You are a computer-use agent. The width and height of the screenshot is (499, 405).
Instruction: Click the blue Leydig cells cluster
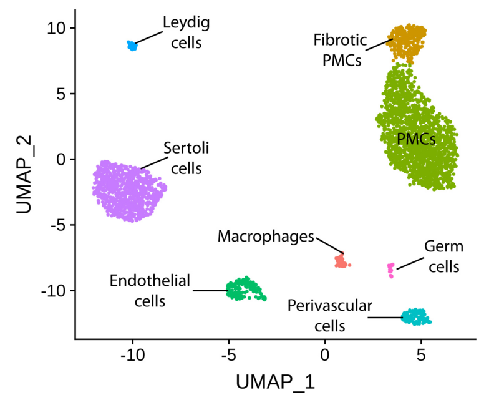(x=132, y=46)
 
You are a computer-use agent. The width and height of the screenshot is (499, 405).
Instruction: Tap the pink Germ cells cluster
(x=391, y=269)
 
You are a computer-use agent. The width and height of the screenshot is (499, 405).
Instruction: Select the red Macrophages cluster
(x=341, y=261)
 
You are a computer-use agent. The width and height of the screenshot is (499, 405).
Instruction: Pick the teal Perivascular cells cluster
(x=416, y=317)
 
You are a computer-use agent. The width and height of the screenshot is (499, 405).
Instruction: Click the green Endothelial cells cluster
(x=245, y=289)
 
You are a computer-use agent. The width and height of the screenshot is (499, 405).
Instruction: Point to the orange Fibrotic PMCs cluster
(x=407, y=41)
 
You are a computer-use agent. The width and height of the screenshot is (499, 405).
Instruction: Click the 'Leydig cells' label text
(x=186, y=33)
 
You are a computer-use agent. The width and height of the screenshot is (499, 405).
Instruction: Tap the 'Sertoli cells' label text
(x=185, y=159)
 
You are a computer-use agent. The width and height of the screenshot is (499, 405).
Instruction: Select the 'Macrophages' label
(x=266, y=237)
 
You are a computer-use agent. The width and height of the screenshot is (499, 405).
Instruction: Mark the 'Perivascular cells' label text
(x=329, y=316)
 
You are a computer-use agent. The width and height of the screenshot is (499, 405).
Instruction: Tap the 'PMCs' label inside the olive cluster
(x=416, y=139)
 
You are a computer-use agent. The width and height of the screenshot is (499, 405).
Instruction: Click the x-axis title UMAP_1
(x=275, y=382)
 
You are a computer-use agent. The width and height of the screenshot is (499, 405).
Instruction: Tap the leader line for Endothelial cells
(x=209, y=290)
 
